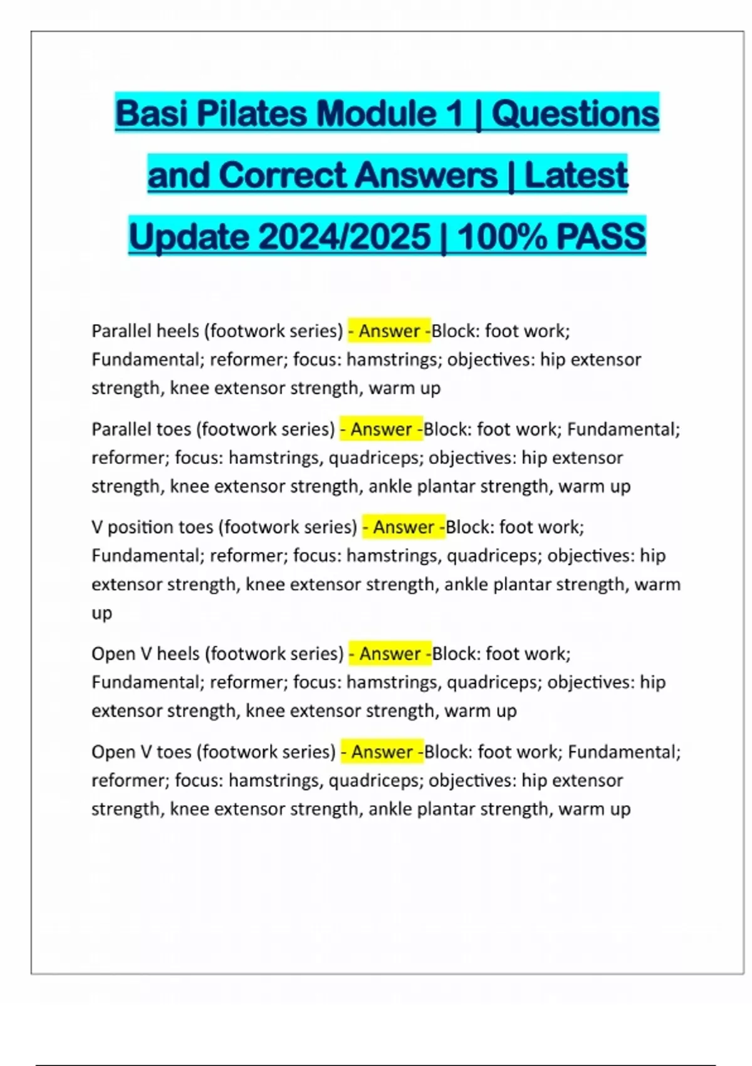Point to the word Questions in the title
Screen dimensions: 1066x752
click(575, 113)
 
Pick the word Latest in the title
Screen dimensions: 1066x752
click(576, 175)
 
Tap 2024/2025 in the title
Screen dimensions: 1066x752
click(344, 237)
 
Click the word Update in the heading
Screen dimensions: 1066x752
click(189, 237)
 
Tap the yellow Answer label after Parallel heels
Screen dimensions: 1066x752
click(389, 330)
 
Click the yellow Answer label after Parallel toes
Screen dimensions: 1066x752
click(381, 429)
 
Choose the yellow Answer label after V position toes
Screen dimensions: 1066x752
click(404, 527)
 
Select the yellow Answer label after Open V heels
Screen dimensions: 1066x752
click(390, 653)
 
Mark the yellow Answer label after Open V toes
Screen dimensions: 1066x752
click(382, 751)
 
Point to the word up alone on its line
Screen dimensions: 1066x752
click(102, 613)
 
